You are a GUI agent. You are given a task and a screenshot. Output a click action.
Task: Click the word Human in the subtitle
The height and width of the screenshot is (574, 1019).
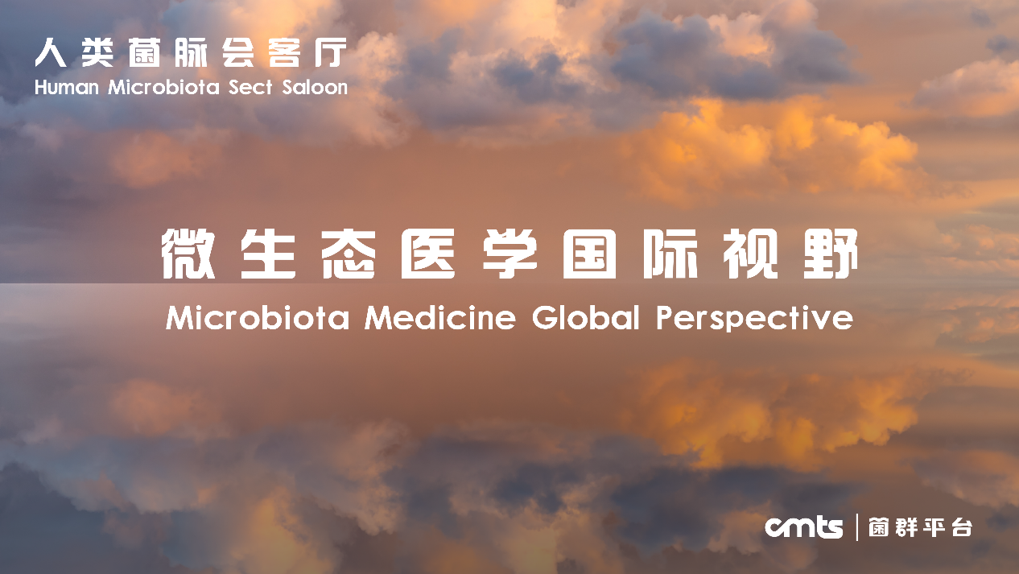[x=67, y=87]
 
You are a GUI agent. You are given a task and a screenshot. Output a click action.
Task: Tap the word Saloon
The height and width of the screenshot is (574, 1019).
[x=315, y=87]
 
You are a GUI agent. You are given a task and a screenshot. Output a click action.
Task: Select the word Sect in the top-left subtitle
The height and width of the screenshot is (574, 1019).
[x=250, y=87]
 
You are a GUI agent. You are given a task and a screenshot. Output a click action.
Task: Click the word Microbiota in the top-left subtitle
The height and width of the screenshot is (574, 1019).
[x=163, y=87]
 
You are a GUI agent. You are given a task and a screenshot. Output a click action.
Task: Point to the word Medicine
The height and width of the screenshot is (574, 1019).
[x=440, y=317]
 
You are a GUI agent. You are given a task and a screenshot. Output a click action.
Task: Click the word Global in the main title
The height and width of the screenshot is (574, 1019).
[x=586, y=317]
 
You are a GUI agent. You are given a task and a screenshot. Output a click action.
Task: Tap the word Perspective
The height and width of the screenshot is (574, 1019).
[x=755, y=318]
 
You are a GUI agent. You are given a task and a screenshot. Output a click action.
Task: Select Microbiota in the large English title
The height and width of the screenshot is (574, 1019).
[x=258, y=317]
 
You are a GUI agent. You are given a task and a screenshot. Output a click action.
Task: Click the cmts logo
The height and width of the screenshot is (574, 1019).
[x=804, y=527]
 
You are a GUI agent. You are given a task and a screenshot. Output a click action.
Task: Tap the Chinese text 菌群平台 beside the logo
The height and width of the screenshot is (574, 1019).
[x=920, y=527]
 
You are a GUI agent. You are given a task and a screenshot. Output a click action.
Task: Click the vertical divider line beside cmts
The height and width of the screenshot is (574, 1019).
[x=857, y=527]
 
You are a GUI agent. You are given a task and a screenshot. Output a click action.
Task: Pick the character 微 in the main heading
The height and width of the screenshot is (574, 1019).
[x=188, y=254]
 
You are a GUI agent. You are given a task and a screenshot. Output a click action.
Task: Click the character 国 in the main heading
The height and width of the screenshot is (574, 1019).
[x=589, y=254]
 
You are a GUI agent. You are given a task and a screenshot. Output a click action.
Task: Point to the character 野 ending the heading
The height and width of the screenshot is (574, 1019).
[x=831, y=254]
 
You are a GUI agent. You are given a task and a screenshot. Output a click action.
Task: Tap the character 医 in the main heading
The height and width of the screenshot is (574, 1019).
[x=428, y=254]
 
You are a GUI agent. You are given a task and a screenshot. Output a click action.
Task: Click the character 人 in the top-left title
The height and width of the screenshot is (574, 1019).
[x=51, y=52]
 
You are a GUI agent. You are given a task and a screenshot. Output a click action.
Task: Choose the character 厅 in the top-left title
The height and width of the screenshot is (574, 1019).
[x=331, y=52]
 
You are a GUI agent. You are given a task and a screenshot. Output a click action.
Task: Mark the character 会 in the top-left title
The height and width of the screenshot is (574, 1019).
[x=238, y=52]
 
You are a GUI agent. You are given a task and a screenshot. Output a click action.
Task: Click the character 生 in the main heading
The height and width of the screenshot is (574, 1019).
[x=268, y=254]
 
